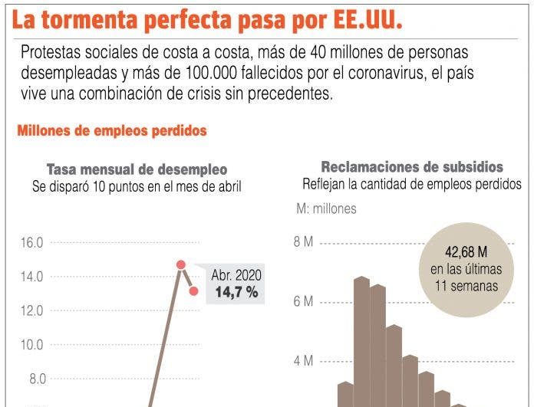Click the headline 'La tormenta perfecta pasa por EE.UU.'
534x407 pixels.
(x=206, y=20)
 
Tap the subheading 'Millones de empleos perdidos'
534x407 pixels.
(x=112, y=131)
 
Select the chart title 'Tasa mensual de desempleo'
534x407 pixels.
(x=137, y=169)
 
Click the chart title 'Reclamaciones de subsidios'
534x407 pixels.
(x=412, y=167)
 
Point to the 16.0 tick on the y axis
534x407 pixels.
(x=31, y=243)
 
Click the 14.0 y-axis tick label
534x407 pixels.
(x=31, y=277)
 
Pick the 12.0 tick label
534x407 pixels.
(x=31, y=310)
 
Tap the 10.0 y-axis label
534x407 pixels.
(x=31, y=344)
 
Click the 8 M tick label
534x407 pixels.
(x=303, y=243)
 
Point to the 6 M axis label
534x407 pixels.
(x=303, y=302)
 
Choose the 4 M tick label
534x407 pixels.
(x=303, y=361)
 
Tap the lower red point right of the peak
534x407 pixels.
(x=194, y=291)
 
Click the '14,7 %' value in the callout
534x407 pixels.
(x=236, y=292)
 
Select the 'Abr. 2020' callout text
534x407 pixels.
(x=236, y=275)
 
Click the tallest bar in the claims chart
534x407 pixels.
(x=361, y=341)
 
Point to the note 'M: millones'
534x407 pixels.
(x=326, y=208)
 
